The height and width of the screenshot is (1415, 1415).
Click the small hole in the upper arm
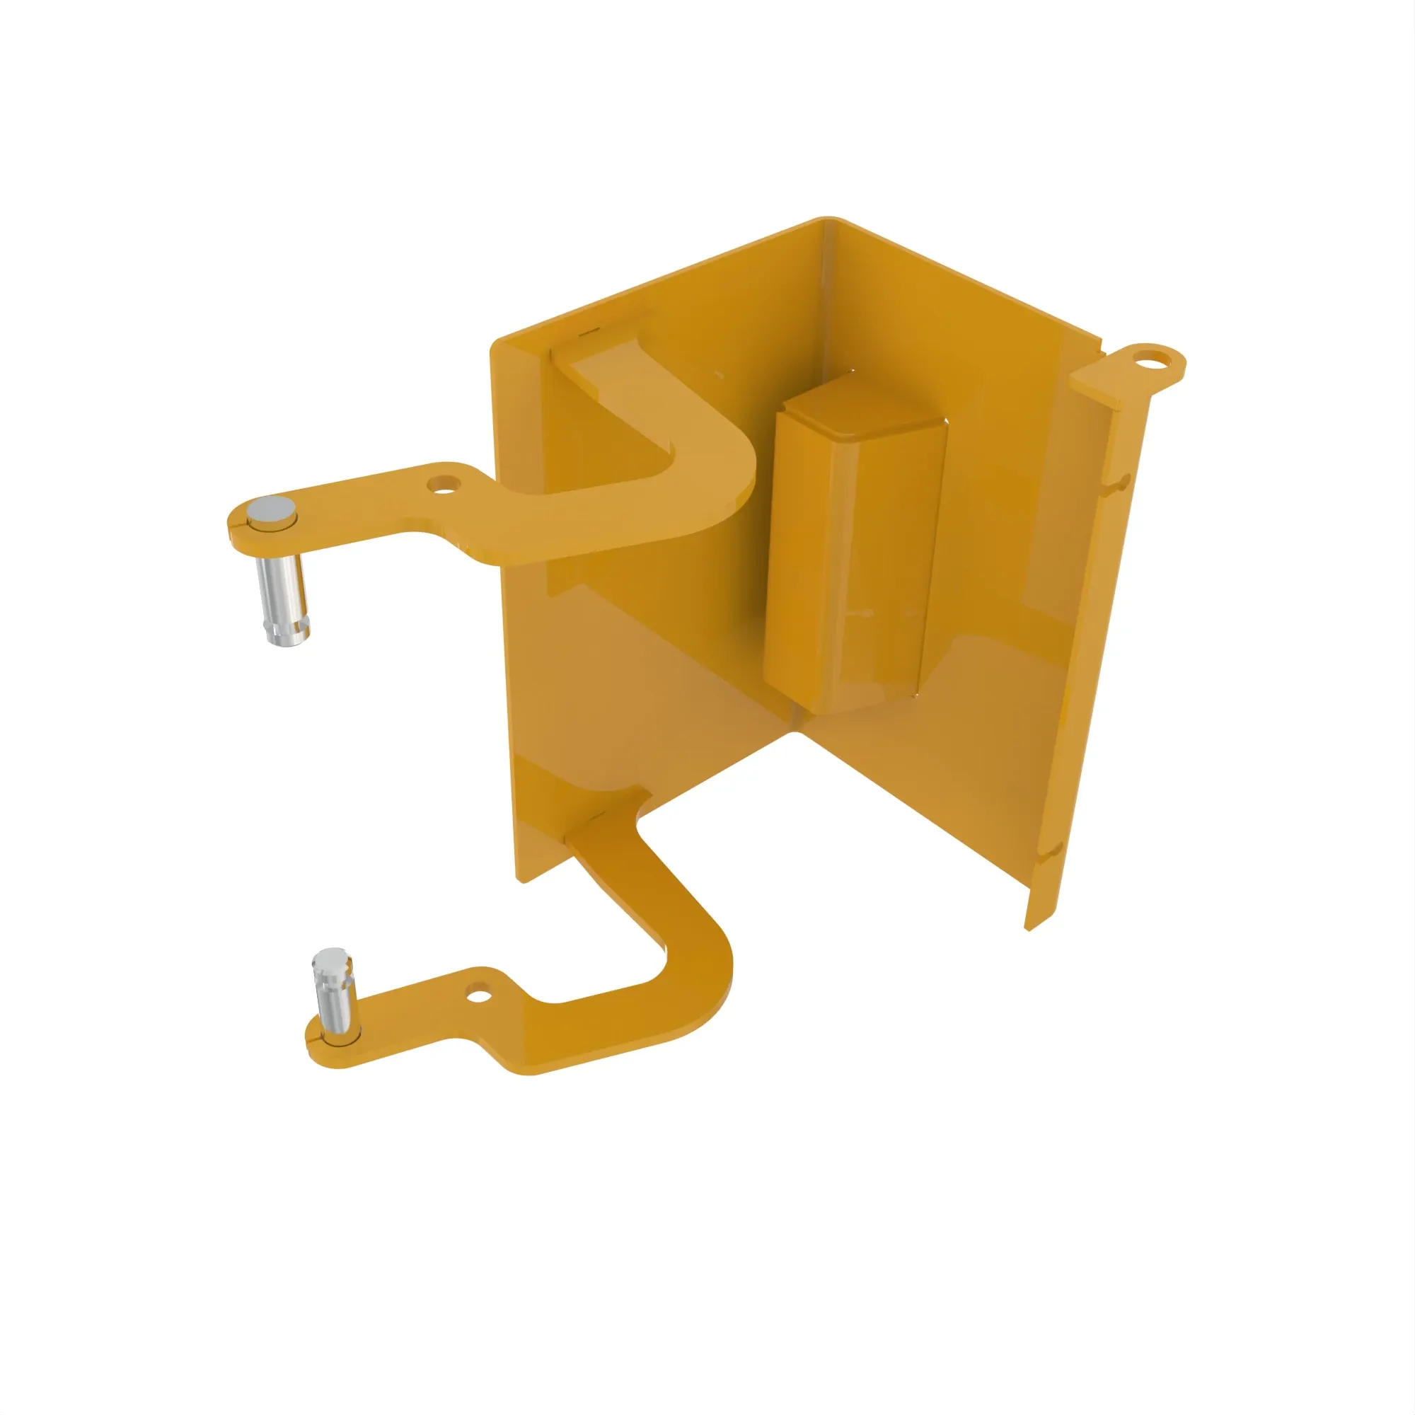(444, 484)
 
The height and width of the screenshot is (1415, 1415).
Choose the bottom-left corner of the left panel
(521, 879)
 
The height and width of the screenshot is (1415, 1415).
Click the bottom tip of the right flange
(1029, 928)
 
